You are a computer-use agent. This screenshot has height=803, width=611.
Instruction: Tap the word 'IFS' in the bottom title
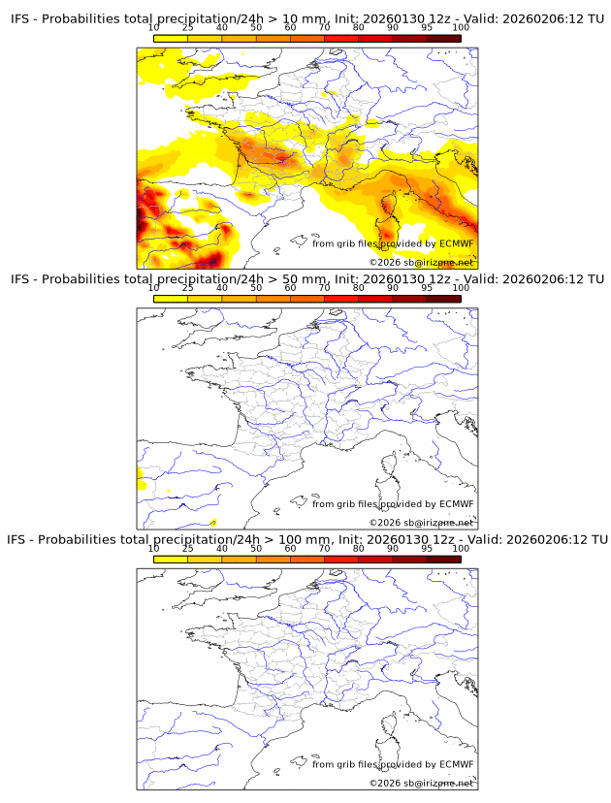20,539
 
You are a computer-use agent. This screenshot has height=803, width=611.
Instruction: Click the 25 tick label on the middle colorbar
187,287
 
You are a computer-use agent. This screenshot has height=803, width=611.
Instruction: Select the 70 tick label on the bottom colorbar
324,548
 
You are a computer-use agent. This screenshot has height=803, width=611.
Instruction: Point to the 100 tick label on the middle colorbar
461,287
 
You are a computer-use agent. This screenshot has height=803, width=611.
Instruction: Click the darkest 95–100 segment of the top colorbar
443,38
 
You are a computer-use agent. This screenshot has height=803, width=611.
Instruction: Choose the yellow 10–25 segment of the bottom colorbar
171,559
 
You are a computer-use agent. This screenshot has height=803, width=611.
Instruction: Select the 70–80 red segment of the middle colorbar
340,299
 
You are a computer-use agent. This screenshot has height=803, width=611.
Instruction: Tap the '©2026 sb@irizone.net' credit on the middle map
421,523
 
